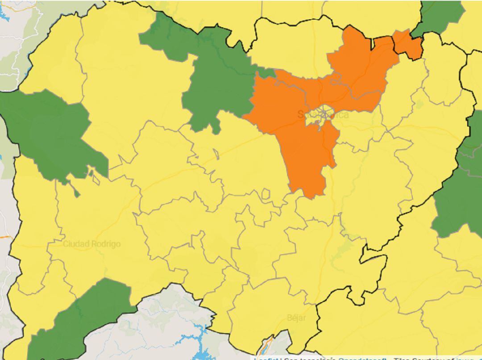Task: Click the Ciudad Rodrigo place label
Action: coord(91,244)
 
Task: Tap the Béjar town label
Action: coord(296,318)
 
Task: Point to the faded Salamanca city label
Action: coord(323,115)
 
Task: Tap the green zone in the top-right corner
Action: coord(440,16)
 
